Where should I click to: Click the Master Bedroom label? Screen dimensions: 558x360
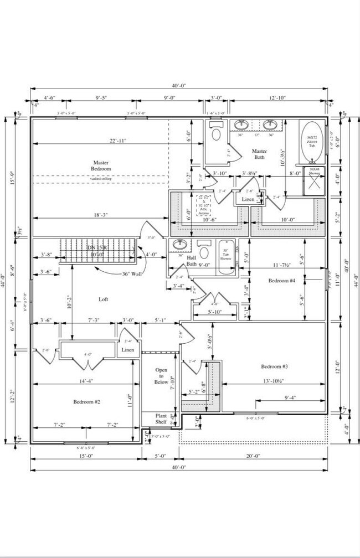pyautogui.click(x=101, y=166)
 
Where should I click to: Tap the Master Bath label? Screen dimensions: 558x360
pyautogui.click(x=260, y=154)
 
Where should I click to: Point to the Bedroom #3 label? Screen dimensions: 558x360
pyautogui.click(x=275, y=366)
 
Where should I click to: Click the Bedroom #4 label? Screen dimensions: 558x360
pyautogui.click(x=282, y=281)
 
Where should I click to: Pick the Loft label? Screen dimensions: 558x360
pyautogui.click(x=104, y=299)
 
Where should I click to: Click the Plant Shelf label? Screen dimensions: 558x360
pyautogui.click(x=161, y=418)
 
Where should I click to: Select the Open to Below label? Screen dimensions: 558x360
pyautogui.click(x=161, y=376)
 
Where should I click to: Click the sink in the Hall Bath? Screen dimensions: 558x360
pyautogui.click(x=179, y=245)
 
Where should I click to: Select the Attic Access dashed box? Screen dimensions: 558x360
pyautogui.click(x=206, y=203)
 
